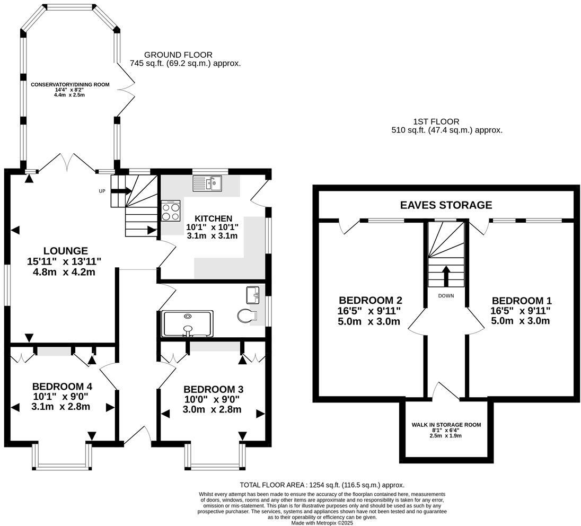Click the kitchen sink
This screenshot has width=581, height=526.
pos(207,183)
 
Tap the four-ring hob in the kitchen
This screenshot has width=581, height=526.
pos(171,211)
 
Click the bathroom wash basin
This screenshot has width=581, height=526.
pos(254,295)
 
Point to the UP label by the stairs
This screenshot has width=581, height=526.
pos(102,191)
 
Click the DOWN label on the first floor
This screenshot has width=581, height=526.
pos(446,296)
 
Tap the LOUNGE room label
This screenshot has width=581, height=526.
pos(66,251)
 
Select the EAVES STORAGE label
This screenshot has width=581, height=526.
pos(446,205)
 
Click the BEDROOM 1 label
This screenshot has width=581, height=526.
pos(522,300)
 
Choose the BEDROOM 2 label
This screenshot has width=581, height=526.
pos(371,300)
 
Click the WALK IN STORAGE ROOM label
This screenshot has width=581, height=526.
pos(446,425)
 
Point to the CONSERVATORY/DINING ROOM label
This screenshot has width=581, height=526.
pos(70,84)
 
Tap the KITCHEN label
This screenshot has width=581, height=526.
pos(214,218)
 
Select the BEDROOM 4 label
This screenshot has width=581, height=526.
pos(62,387)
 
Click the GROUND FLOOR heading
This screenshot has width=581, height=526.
pos(178,55)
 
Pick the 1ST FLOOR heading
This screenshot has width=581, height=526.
pos(436,121)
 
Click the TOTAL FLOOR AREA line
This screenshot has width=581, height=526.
pos(322,485)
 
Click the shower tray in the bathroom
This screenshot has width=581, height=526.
pos(188,323)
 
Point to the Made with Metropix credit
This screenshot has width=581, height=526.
pos(322,523)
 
